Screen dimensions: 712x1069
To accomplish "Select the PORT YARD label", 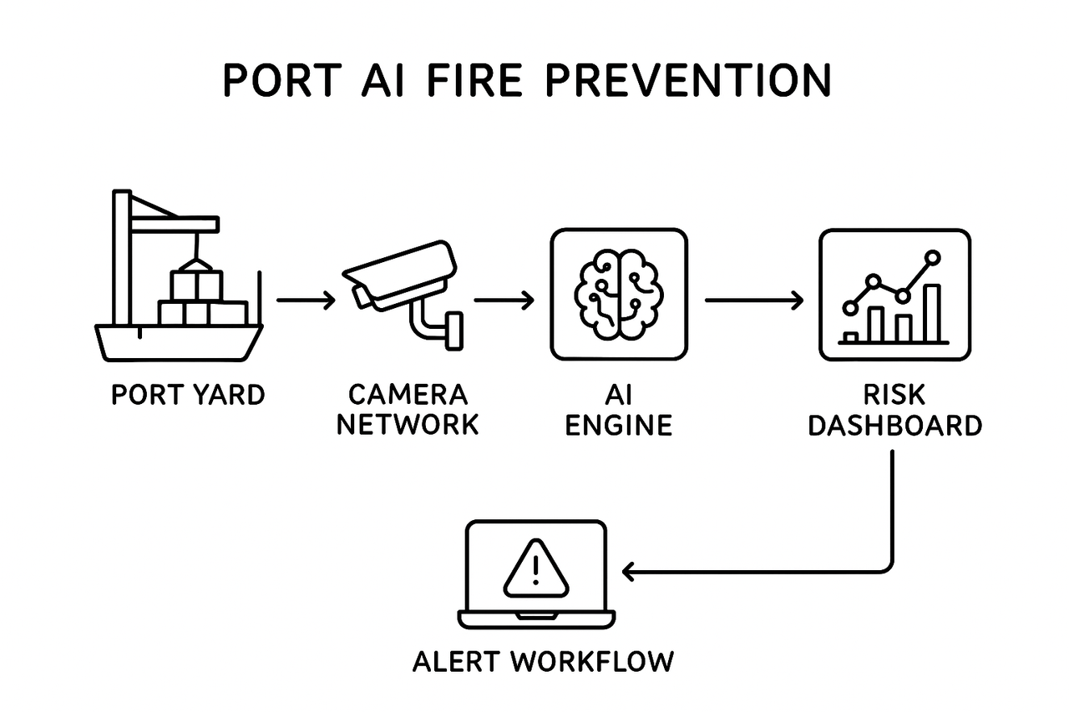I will pyautogui.click(x=188, y=395).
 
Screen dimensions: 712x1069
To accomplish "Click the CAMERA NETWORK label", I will pyautogui.click(x=408, y=409).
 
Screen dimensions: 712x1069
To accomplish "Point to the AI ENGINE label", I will pyautogui.click(x=618, y=409).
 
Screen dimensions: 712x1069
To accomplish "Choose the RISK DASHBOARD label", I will pyautogui.click(x=894, y=409).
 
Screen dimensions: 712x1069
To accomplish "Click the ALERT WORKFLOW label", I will pyautogui.click(x=543, y=661).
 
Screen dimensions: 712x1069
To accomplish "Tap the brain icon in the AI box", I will pyautogui.click(x=618, y=295).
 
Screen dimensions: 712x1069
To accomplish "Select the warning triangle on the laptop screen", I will pyautogui.click(x=534, y=565).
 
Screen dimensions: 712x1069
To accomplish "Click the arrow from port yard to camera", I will pyautogui.click(x=306, y=300).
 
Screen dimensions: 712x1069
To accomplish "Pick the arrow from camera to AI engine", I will pyautogui.click(x=504, y=300).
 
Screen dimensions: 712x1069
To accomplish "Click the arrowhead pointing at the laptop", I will pyautogui.click(x=628, y=572).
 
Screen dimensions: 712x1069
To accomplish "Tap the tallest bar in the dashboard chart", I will pyautogui.click(x=931, y=313).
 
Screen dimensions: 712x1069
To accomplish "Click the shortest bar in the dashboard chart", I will pyautogui.click(x=851, y=337).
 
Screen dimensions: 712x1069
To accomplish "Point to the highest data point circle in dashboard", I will pyautogui.click(x=933, y=257).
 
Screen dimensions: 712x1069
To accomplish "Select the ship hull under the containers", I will pyautogui.click(x=180, y=342).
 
